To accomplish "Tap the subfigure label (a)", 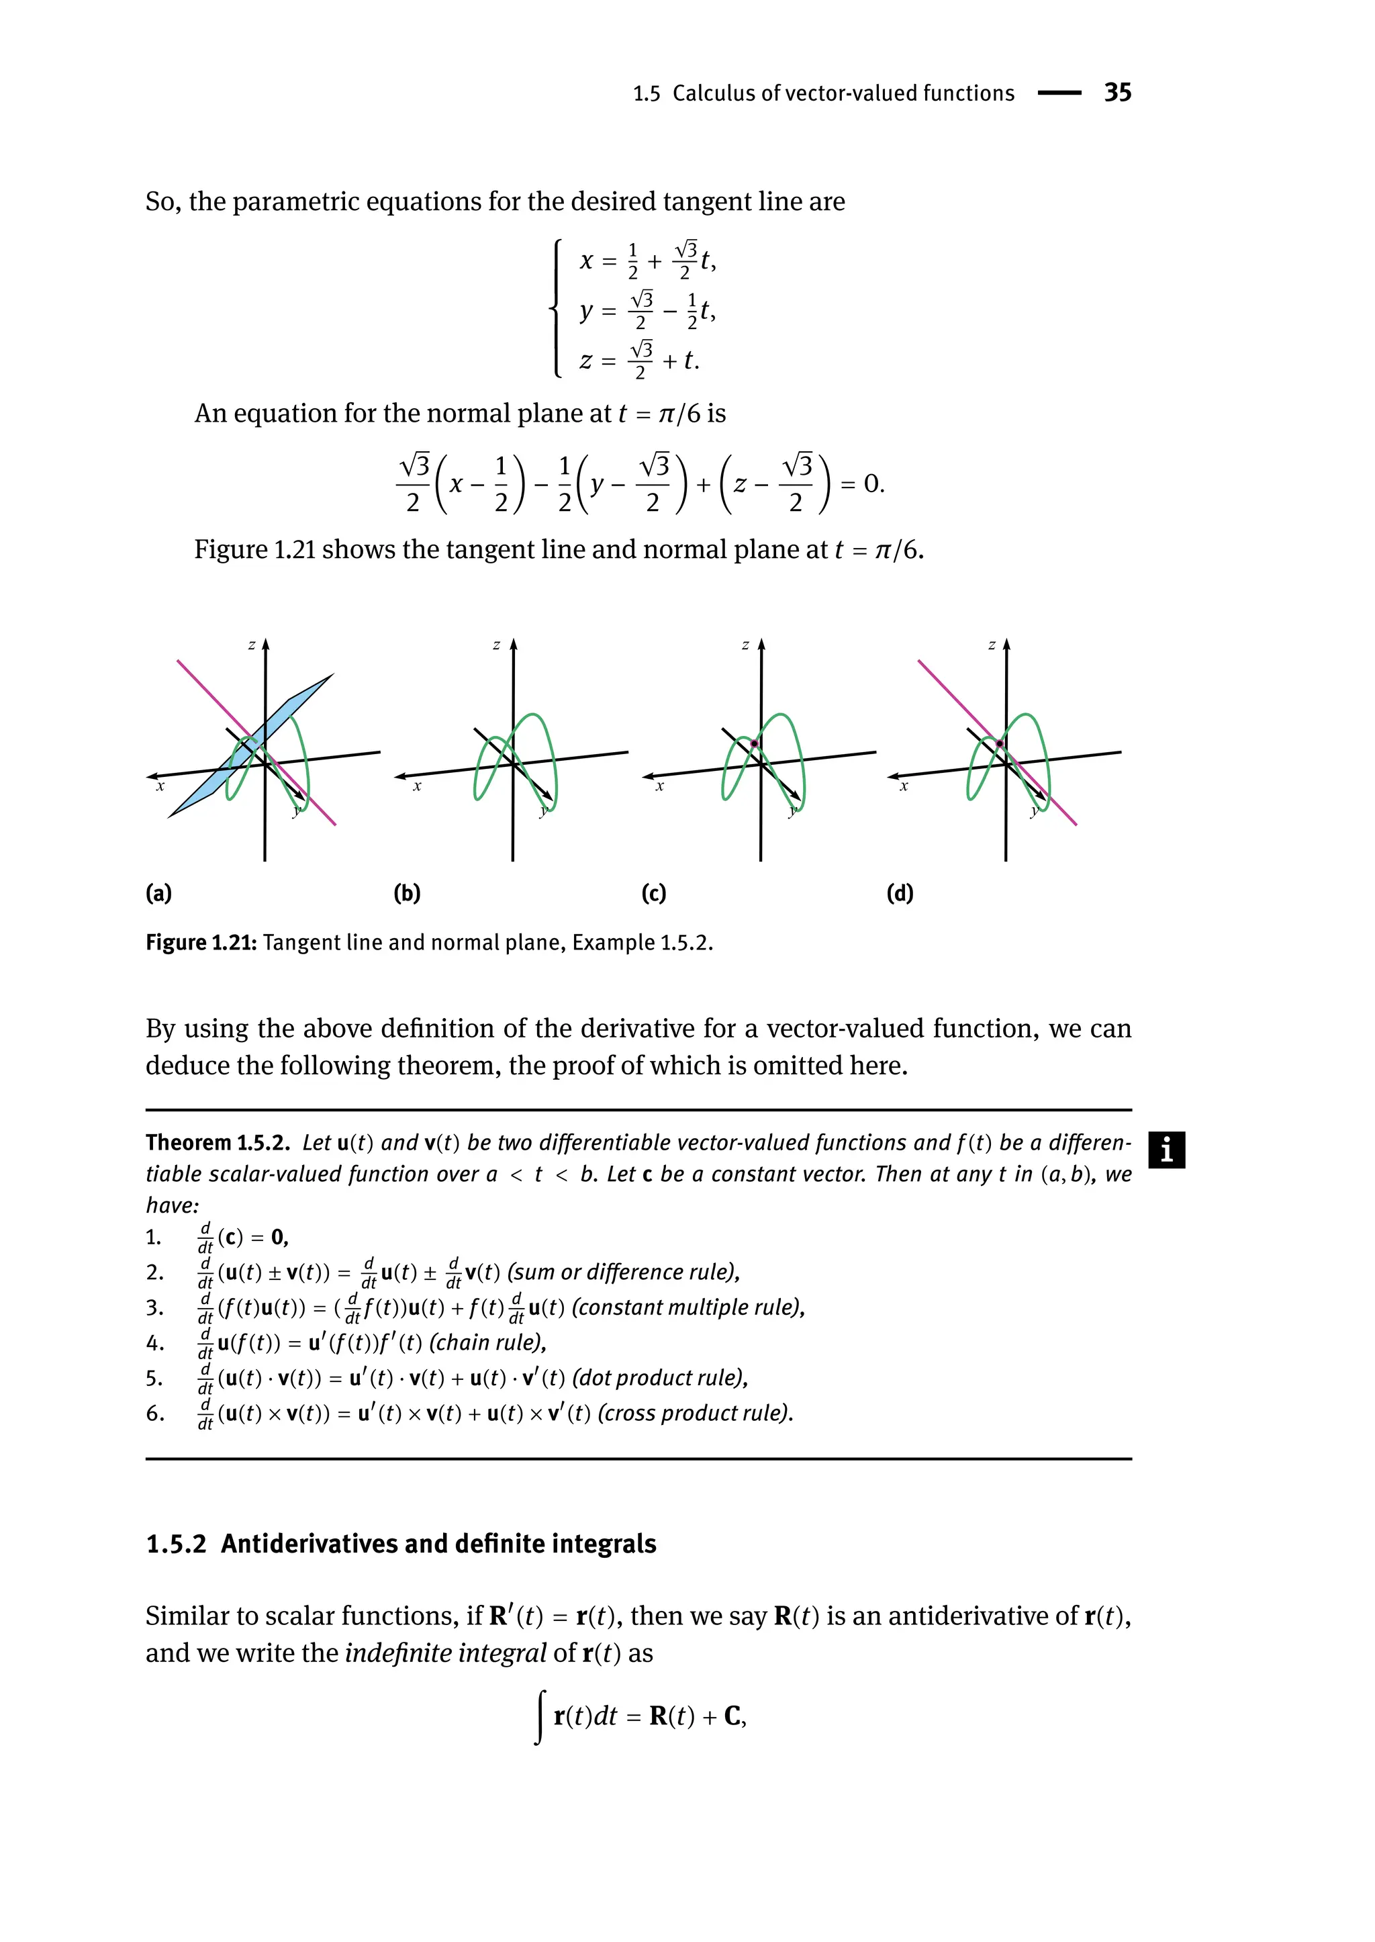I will click(158, 894).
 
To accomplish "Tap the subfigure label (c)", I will click(654, 894).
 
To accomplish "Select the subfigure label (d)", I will click(900, 894).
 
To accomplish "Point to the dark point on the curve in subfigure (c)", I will click(755, 743).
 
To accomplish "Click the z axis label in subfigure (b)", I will click(496, 645).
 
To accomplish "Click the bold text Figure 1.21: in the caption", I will click(201, 943).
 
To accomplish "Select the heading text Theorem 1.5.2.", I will click(218, 1142).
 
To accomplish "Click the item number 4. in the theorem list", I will click(155, 1343).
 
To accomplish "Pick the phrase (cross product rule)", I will click(695, 1414).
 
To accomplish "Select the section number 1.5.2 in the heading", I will click(176, 1544).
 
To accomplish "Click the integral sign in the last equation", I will click(539, 1716).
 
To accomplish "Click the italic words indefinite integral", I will click(445, 1653).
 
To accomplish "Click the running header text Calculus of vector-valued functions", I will click(843, 93).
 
